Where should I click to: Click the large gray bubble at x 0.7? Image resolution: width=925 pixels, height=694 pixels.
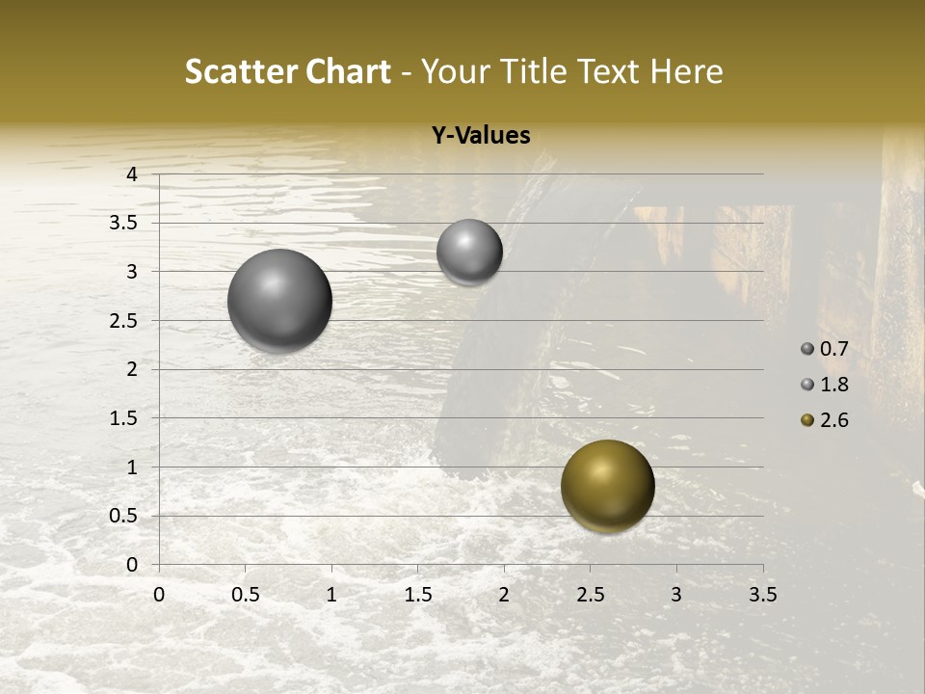[x=280, y=300]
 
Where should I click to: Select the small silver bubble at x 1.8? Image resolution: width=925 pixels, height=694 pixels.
[x=469, y=252]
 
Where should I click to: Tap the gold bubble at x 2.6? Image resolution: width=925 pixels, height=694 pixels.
[x=607, y=486]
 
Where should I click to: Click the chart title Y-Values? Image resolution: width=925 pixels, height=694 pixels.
[x=481, y=136]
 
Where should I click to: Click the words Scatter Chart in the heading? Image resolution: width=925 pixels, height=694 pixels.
[x=287, y=72]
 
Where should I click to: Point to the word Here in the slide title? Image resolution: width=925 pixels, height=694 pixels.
[x=686, y=72]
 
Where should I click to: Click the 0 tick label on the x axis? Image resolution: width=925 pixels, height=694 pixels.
[x=159, y=595]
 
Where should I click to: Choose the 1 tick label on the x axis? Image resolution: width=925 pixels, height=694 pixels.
[x=331, y=595]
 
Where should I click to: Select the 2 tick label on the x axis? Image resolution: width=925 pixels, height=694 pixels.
[x=504, y=595]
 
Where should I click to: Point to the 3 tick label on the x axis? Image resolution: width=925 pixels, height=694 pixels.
[x=676, y=595]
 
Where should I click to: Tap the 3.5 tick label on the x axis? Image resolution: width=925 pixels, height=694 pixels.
[x=762, y=595]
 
